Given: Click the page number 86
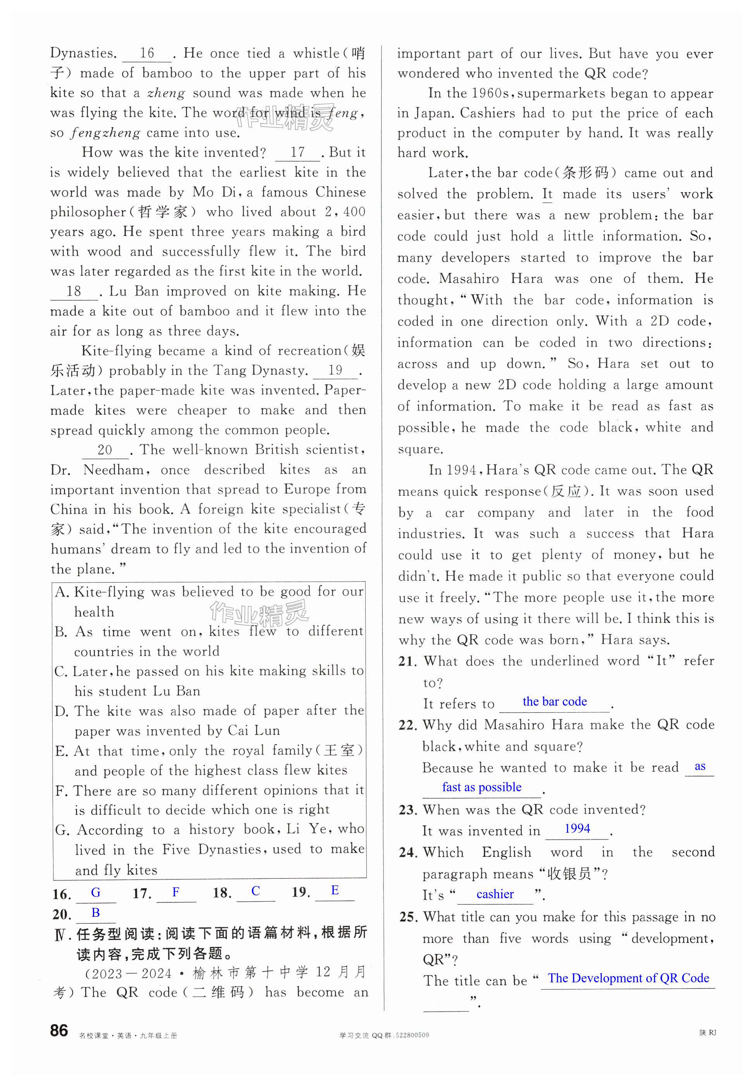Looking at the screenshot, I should tap(59, 1030).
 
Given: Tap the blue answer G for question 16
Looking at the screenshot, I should tap(96, 892).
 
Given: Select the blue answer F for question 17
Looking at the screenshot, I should tap(175, 892).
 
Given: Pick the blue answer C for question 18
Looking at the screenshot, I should tap(256, 890).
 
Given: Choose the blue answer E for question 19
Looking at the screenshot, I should tap(335, 890).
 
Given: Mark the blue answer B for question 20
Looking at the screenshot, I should tap(96, 912).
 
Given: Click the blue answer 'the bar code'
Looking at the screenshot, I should tap(554, 702).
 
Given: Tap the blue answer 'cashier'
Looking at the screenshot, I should tap(495, 894).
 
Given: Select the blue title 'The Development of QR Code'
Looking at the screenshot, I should tap(628, 978).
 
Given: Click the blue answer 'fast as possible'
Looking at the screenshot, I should tap(482, 787).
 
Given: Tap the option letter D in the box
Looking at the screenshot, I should tap(61, 711).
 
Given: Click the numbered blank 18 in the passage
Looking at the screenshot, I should tap(74, 291).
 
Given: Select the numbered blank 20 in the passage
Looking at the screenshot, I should tap(105, 450).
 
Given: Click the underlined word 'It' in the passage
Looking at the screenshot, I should tap(547, 194).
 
